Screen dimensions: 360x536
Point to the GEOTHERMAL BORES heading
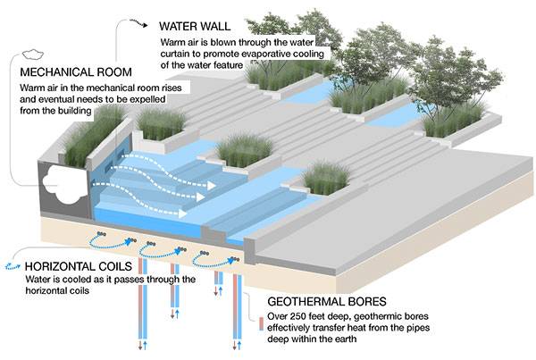click(326, 302)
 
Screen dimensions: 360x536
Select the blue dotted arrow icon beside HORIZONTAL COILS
click(12, 266)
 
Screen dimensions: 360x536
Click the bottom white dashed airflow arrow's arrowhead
click(184, 213)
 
